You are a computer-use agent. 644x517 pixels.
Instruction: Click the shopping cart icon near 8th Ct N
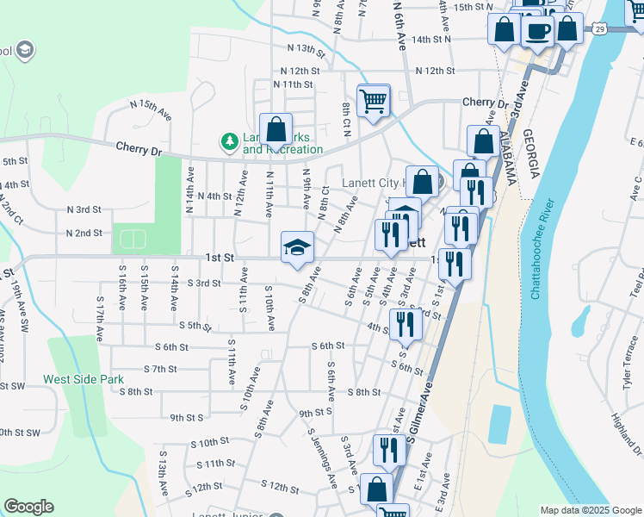(374, 100)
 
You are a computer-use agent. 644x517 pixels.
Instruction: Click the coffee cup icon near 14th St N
(538, 31)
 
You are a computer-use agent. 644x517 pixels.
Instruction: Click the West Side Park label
(84, 379)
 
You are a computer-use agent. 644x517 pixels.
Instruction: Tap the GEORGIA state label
(531, 156)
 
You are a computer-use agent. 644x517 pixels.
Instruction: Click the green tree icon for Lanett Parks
(229, 140)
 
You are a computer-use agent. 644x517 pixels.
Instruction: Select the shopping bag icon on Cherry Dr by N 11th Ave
(276, 130)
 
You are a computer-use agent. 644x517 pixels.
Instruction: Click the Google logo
(28, 507)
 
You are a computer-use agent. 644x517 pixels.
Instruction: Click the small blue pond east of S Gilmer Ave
(498, 424)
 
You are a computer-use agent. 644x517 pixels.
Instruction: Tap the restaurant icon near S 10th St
(389, 450)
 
